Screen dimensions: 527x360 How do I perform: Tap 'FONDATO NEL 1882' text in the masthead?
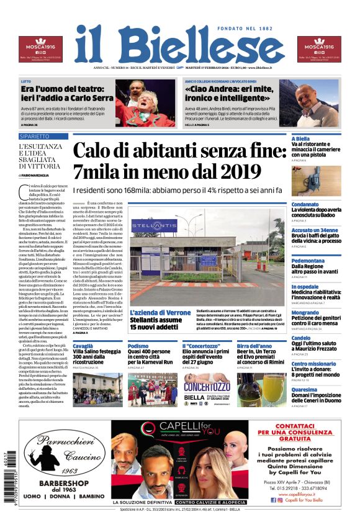pos(251,29)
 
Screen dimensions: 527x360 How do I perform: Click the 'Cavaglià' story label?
pos(83,346)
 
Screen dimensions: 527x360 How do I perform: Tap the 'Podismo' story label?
pos(138,346)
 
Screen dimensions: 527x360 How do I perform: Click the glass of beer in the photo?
pos(271,389)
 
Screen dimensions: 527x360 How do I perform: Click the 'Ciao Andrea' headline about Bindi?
pos(230,94)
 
